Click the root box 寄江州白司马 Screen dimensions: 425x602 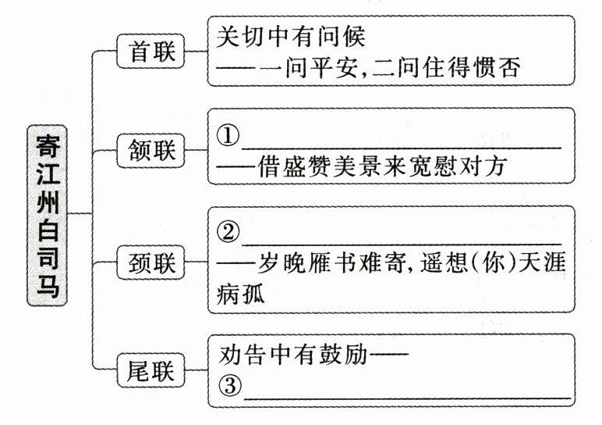tap(48, 212)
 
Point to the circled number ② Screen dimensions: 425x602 tap(227, 233)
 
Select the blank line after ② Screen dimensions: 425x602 tap(401, 243)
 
